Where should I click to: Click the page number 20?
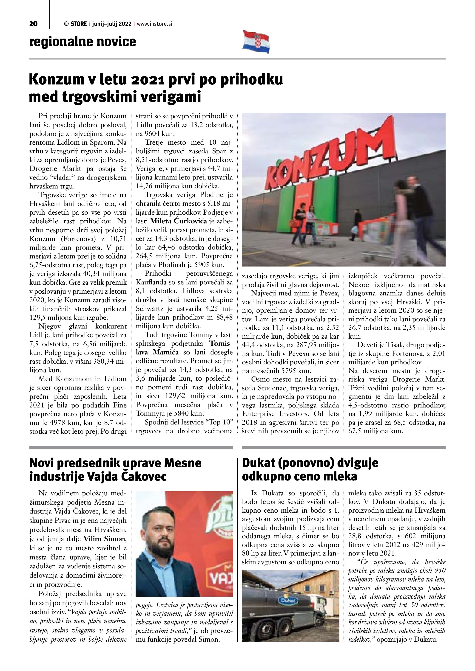pos(33,24)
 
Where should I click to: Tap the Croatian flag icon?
pos(256,41)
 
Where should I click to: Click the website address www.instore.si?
pos(154,24)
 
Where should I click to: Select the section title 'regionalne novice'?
pos(83,42)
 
